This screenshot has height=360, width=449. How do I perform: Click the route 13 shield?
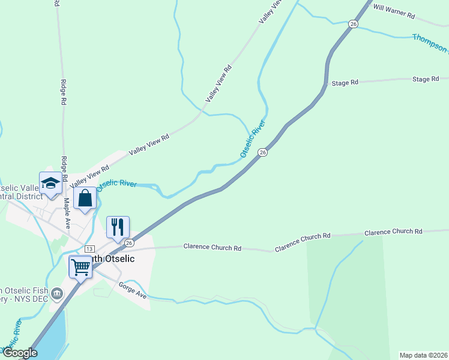pyautogui.click(x=89, y=248)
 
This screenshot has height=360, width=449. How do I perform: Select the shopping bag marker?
pyautogui.click(x=85, y=199)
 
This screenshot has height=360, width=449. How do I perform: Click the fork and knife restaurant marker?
pyautogui.click(x=118, y=227)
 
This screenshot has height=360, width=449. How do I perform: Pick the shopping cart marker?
pyautogui.click(x=80, y=266)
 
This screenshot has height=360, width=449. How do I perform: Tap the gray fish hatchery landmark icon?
pyautogui.click(x=57, y=293)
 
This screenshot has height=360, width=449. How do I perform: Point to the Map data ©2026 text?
pyautogui.click(x=424, y=355)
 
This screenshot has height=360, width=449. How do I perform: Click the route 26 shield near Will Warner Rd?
pyautogui.click(x=354, y=23)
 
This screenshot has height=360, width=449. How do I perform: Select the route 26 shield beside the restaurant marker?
pyautogui.click(x=129, y=242)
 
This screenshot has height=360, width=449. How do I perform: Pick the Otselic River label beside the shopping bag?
pyautogui.click(x=116, y=184)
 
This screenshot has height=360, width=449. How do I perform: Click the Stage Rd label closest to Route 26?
pyautogui.click(x=345, y=83)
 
